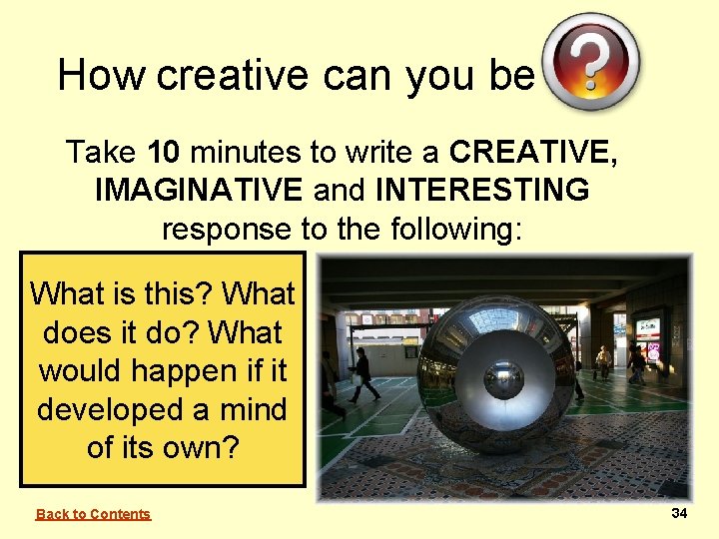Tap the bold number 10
(x=164, y=153)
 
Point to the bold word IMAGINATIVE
(x=198, y=191)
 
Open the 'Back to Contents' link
(x=93, y=514)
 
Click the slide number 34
(x=679, y=513)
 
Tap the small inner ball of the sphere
(x=502, y=379)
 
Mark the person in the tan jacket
(x=602, y=360)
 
